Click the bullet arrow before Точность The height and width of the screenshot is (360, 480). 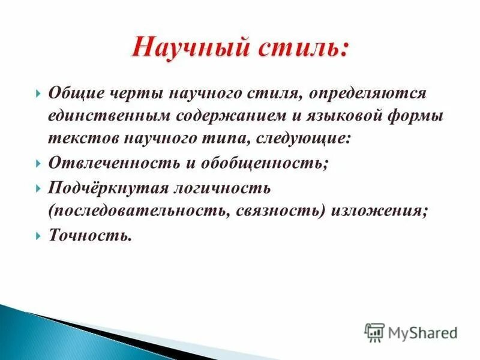click(38, 236)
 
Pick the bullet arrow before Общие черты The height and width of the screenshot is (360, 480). click(38, 94)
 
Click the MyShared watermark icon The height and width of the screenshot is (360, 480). click(374, 332)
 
